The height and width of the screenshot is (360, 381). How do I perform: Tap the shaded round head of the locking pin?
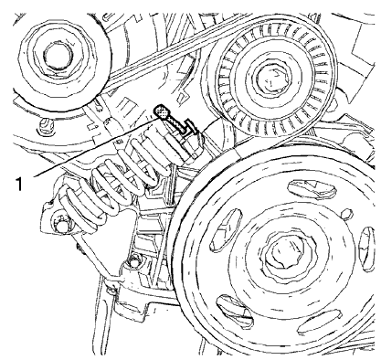tap(161, 111)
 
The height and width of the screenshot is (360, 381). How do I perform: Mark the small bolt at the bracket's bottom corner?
tap(136, 264)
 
